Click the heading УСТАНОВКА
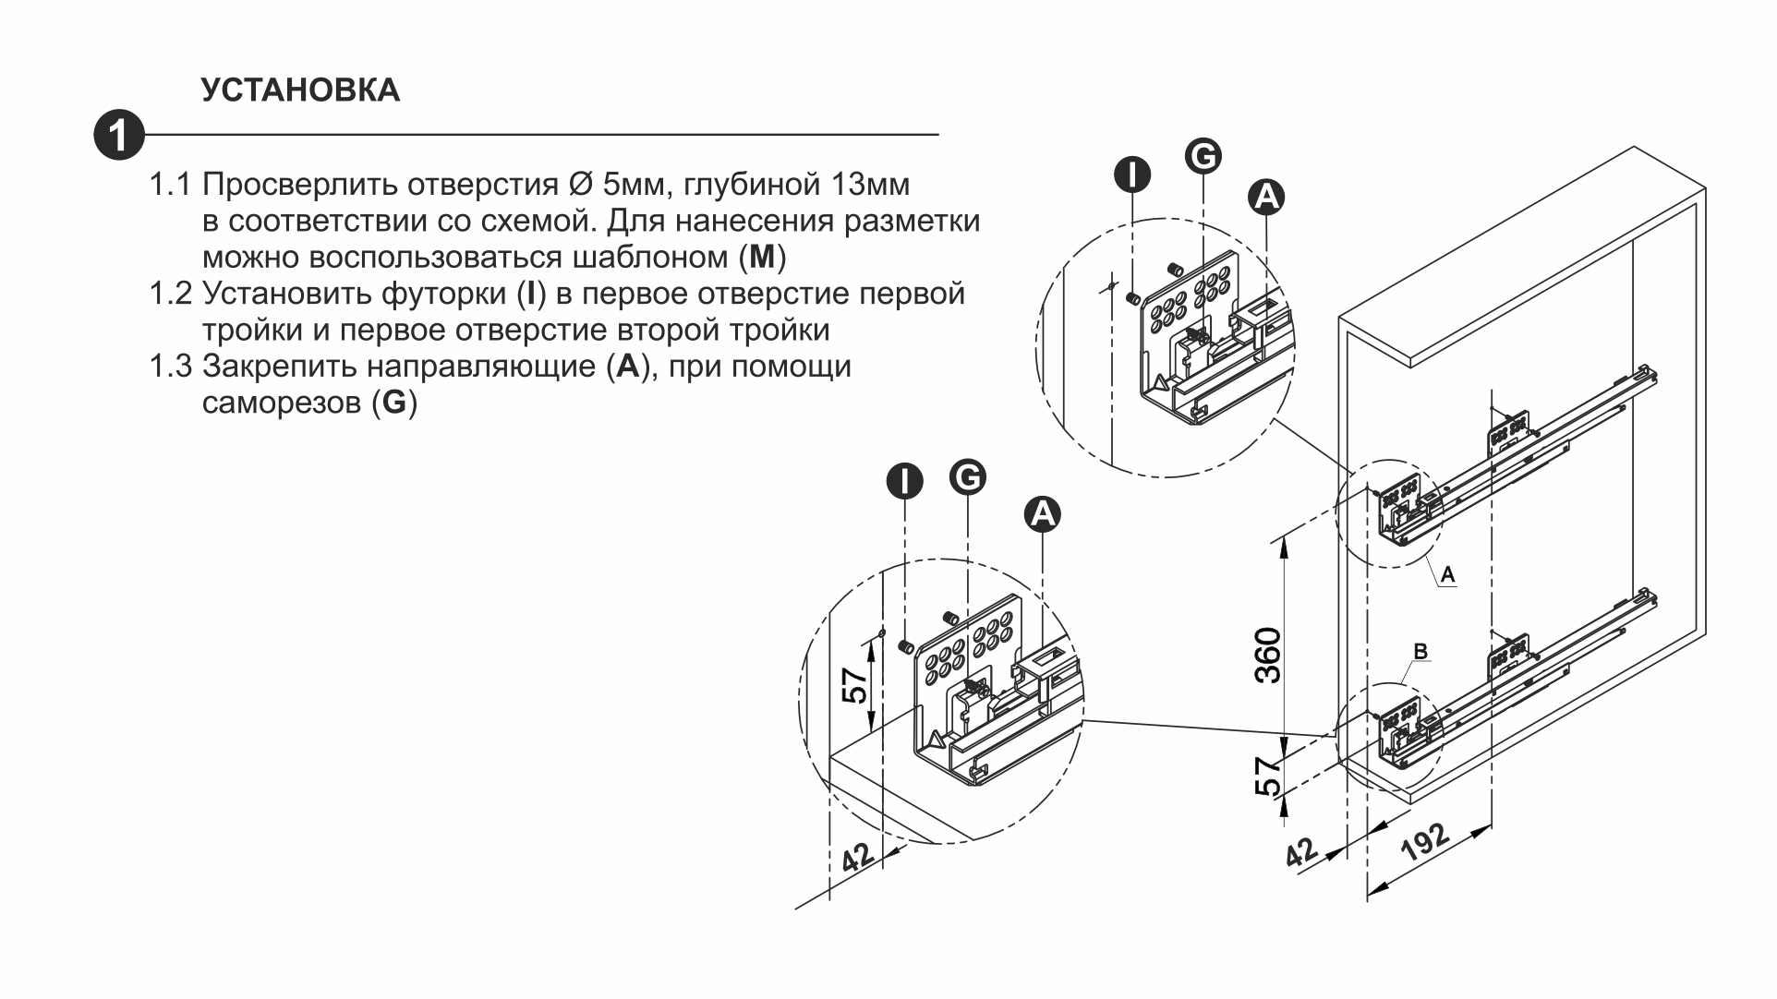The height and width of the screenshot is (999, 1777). (300, 90)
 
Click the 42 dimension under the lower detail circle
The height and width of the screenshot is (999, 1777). (858, 857)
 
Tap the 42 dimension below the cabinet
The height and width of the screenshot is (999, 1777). (1302, 851)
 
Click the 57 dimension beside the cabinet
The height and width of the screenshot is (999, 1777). (1269, 776)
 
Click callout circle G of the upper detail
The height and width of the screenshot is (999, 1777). (1203, 156)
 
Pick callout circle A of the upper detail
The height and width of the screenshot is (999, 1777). (1266, 196)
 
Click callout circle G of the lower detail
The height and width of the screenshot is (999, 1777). (967, 477)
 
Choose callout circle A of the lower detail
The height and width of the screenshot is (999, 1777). (1042, 513)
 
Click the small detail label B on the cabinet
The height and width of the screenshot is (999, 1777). (1420, 652)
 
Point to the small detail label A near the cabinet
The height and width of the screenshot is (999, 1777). (1447, 574)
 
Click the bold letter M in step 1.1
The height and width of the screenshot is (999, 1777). (762, 257)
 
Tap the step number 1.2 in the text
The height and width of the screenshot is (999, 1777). (171, 294)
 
